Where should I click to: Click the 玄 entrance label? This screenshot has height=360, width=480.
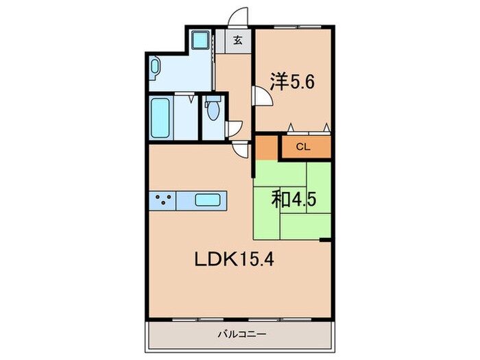[x=238, y=40]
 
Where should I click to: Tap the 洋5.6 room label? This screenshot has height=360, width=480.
[x=291, y=81]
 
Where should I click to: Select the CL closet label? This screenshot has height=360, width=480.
[x=303, y=147]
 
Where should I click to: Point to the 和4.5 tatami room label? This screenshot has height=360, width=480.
[x=293, y=200]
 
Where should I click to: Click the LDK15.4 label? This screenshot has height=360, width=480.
[x=235, y=260]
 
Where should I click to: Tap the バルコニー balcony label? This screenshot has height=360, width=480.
[x=242, y=334]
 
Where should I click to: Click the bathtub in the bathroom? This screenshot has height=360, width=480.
[x=160, y=118]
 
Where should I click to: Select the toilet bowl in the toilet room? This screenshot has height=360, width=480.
[x=213, y=108]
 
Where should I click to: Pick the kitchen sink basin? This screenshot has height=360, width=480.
[x=208, y=200]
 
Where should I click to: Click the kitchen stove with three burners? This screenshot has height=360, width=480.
[x=163, y=200]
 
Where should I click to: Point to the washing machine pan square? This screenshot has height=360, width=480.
[x=200, y=39]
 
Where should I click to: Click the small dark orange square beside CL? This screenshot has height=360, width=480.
[x=266, y=148]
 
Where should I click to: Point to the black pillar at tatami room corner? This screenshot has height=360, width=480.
[x=325, y=240]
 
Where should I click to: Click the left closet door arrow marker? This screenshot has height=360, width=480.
[x=291, y=127]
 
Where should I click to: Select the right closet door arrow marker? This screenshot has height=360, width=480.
[x=326, y=127]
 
